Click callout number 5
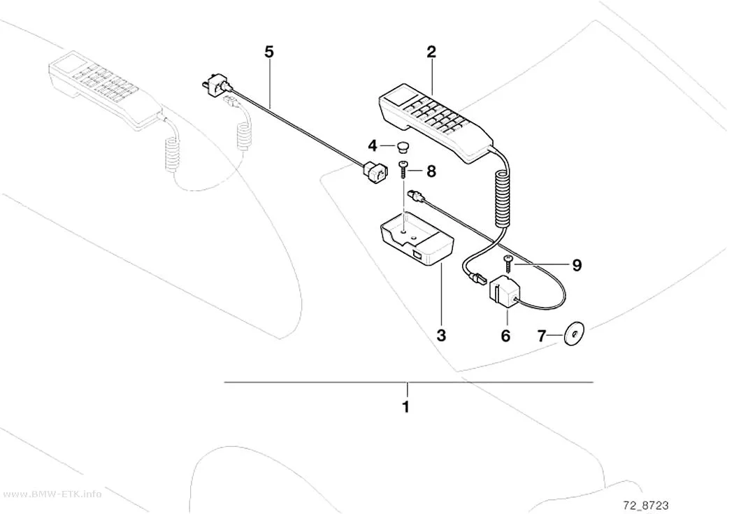[x=268, y=52]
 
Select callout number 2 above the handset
[x=431, y=52]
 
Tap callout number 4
[x=373, y=146]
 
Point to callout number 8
[x=431, y=171]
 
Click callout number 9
[x=577, y=266]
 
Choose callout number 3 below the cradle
[x=441, y=335]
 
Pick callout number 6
[x=505, y=336]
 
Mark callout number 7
[x=542, y=336]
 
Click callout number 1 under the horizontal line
[x=406, y=406]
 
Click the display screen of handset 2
[x=401, y=96]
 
